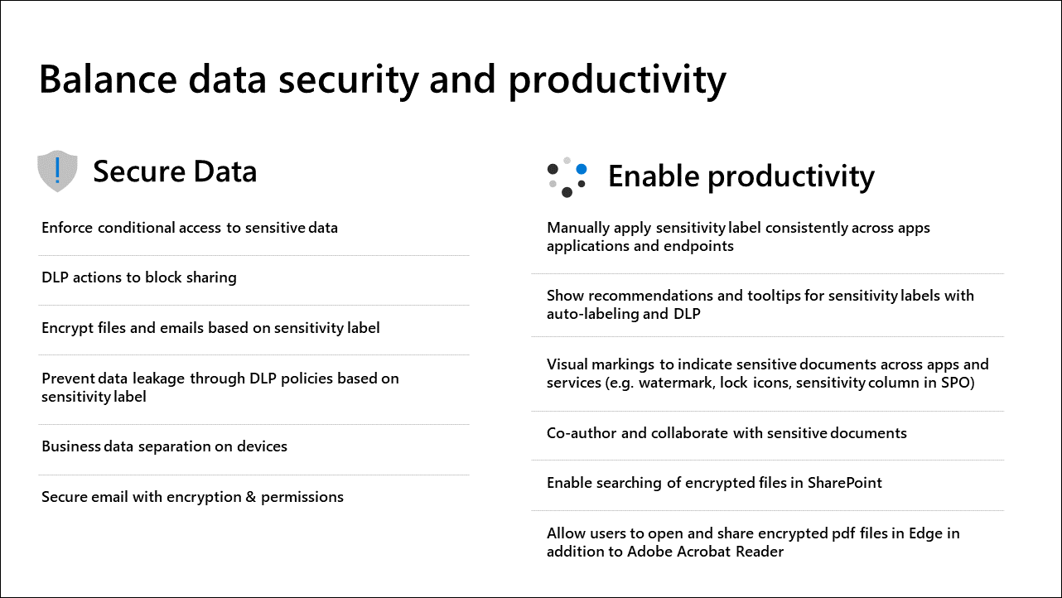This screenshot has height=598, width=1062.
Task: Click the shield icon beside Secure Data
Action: [57, 171]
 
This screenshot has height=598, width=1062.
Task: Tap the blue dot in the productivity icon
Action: [582, 169]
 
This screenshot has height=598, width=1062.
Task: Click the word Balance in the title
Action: [108, 80]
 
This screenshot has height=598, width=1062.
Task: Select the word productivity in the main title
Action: [617, 80]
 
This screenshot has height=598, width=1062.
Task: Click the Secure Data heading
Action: [175, 171]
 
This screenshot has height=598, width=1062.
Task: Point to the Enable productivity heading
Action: [741, 176]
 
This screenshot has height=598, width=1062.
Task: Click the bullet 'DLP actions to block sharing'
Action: [139, 277]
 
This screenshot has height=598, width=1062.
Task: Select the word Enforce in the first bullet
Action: [67, 228]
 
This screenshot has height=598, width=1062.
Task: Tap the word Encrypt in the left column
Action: [67, 328]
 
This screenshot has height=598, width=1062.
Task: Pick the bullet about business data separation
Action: [164, 446]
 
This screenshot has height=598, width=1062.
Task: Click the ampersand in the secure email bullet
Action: [251, 497]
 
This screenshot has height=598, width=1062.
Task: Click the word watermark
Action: [676, 383]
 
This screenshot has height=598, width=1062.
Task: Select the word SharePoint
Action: [844, 483]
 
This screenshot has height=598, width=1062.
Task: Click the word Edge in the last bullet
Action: [925, 533]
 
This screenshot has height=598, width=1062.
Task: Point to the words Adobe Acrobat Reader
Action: [705, 552]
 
